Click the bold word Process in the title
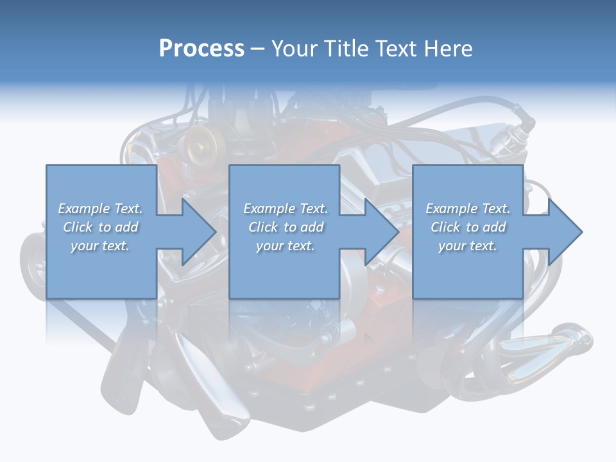201,49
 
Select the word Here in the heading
449,49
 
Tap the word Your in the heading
294,49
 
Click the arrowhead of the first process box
199,232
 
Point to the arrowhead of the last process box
565,232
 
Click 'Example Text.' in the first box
100,209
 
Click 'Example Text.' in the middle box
286,209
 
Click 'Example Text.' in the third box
468,209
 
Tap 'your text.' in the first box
100,246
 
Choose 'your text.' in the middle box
286,246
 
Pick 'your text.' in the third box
468,246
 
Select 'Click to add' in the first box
100,227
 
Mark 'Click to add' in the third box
468,227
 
